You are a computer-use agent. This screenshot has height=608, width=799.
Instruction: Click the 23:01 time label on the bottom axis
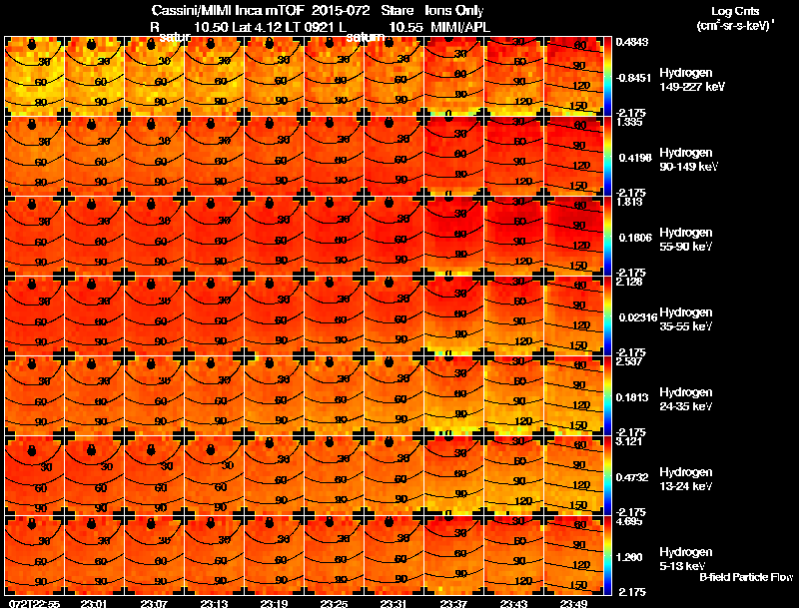point(93,603)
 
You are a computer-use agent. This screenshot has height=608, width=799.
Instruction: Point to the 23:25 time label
point(333,603)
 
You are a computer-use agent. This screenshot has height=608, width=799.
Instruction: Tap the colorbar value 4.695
point(628,520)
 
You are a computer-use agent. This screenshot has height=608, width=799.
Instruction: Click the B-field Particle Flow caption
point(746,578)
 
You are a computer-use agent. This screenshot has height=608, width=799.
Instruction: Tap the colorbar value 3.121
point(628,440)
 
